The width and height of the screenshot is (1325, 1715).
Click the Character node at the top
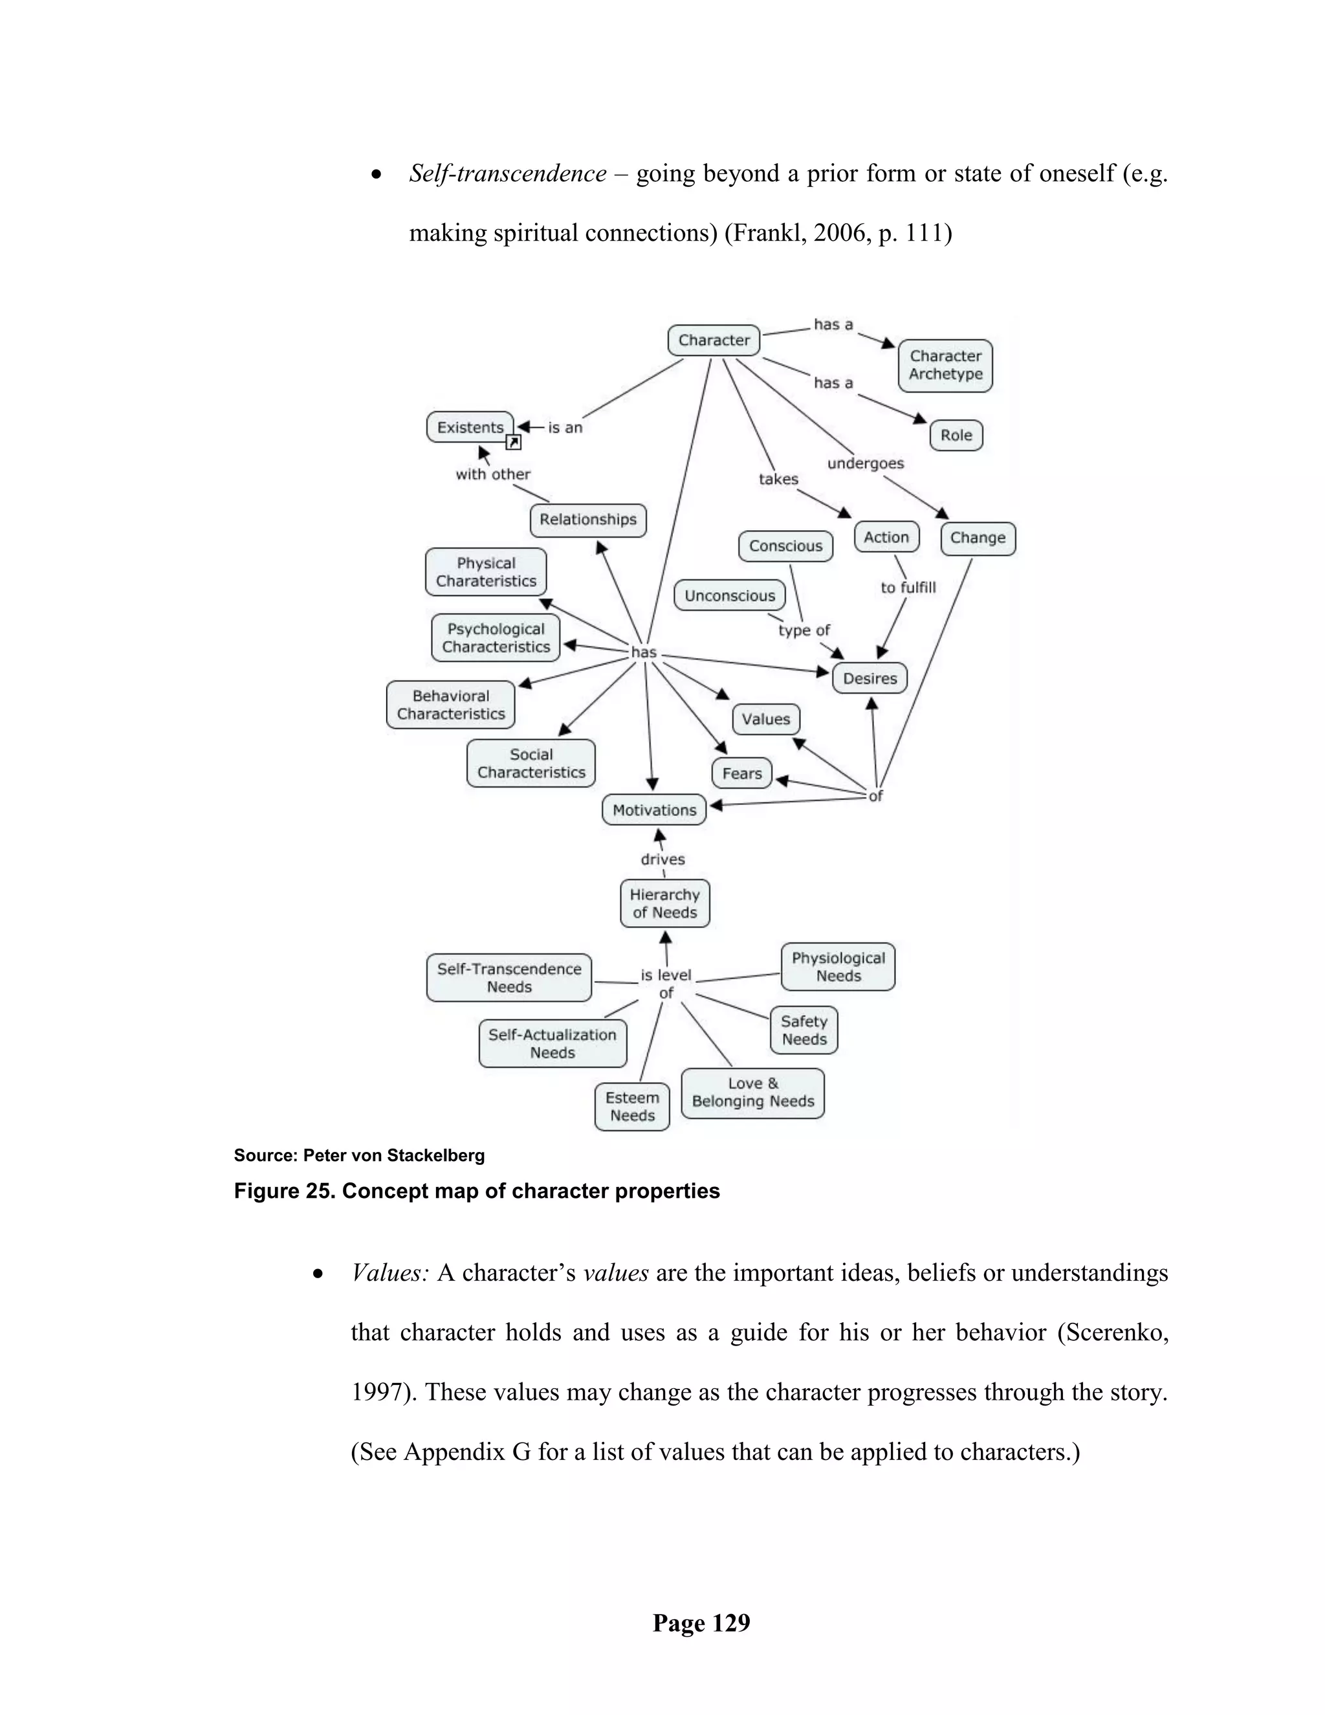(x=714, y=340)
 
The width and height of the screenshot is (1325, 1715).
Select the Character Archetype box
(x=945, y=365)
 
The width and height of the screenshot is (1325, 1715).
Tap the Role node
(x=956, y=435)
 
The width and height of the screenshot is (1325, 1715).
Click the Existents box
(x=470, y=427)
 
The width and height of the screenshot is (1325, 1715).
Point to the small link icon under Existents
(x=513, y=443)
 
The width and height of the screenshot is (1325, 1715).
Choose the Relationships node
(x=588, y=520)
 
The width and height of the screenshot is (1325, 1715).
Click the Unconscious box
(x=729, y=595)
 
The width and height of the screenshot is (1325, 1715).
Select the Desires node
(x=870, y=678)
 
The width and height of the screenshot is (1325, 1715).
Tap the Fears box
(x=742, y=773)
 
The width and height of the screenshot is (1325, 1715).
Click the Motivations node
(x=654, y=810)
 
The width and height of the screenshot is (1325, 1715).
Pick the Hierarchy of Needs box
(x=665, y=903)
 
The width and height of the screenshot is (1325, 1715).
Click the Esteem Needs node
(x=632, y=1107)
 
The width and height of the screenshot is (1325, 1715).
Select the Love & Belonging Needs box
(x=753, y=1092)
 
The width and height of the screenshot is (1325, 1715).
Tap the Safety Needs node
(x=804, y=1030)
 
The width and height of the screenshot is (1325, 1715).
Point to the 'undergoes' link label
(x=865, y=463)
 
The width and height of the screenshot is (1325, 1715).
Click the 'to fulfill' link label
(x=908, y=588)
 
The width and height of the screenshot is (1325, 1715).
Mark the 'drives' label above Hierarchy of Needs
(x=662, y=859)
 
